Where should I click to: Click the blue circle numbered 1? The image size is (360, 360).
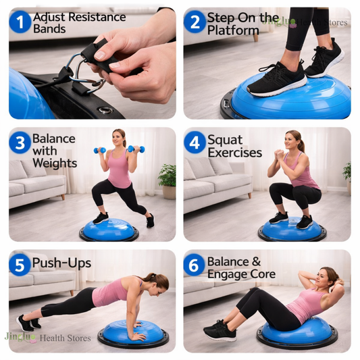pyautogui.click(x=20, y=22)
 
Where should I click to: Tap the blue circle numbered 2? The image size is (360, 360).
pyautogui.click(x=195, y=22)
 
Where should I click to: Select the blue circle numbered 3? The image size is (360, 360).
pyautogui.click(x=20, y=143)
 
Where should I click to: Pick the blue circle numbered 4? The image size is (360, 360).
pyautogui.click(x=195, y=143)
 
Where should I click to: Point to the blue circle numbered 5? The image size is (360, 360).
pyautogui.click(x=20, y=265)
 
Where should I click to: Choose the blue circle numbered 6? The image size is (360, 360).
pyautogui.click(x=194, y=265)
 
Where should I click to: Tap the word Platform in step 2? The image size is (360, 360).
pyautogui.click(x=233, y=30)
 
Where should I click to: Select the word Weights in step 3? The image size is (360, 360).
pyautogui.click(x=55, y=163)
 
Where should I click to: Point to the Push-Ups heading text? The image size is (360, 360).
pyautogui.click(x=61, y=263)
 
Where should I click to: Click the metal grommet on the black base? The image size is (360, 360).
pyautogui.click(x=105, y=110)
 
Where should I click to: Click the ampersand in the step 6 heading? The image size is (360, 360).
pyautogui.click(x=256, y=261)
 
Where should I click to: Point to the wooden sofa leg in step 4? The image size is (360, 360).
pyautogui.click(x=249, y=195)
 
